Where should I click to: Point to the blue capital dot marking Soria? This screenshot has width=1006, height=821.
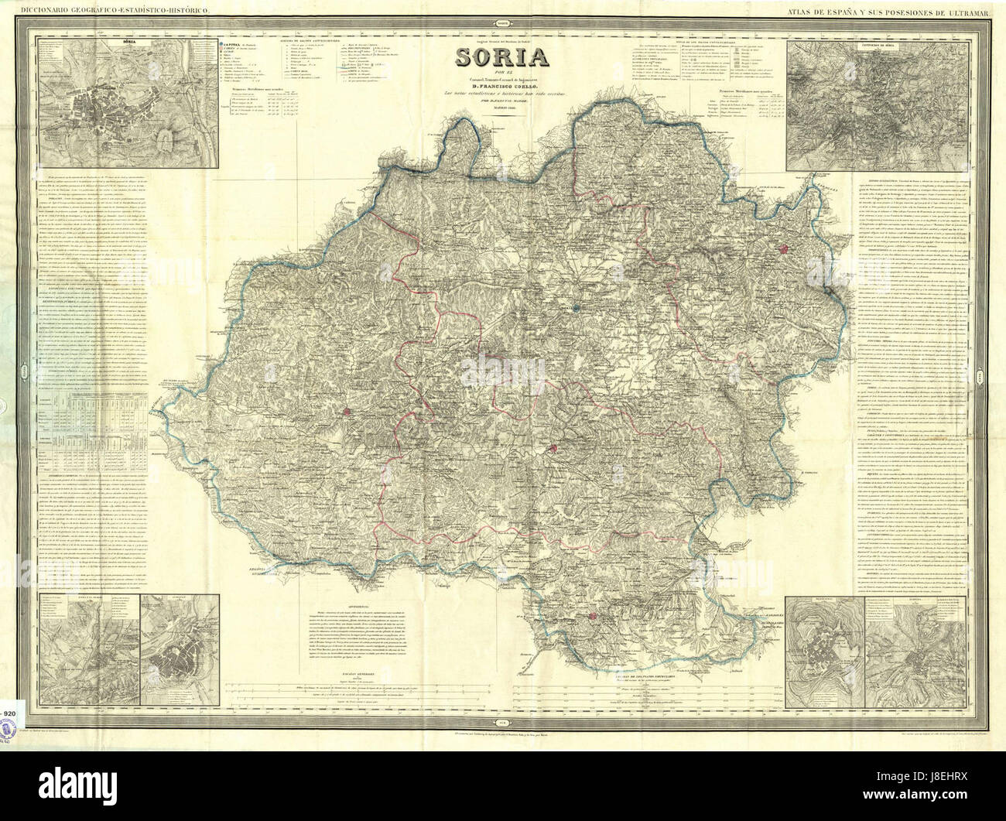click(577, 308)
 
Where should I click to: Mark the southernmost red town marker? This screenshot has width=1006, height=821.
click(593, 616)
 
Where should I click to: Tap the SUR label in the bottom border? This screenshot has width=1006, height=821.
click(504, 720)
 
